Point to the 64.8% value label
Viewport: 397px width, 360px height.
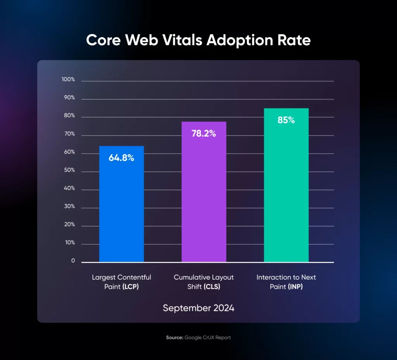click(121, 158)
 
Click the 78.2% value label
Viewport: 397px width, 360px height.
click(204, 134)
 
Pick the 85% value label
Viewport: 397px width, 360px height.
click(286, 120)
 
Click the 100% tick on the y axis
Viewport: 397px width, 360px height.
click(68, 80)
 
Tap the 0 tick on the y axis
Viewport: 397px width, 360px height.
click(73, 261)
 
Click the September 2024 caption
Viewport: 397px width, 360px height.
click(198, 308)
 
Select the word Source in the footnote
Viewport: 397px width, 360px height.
click(174, 337)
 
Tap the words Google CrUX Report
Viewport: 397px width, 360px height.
click(208, 337)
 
